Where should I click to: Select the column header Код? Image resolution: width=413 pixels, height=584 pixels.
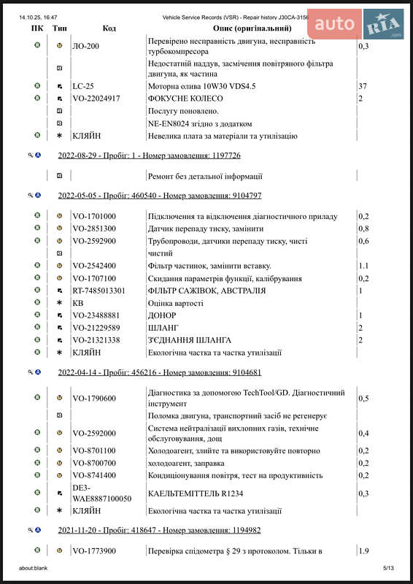pos(109,28)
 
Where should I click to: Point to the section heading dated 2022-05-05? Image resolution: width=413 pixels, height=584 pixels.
pos(159,196)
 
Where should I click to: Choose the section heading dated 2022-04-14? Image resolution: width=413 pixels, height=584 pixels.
pos(159,372)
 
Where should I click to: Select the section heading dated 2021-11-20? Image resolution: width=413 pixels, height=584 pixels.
pos(159,531)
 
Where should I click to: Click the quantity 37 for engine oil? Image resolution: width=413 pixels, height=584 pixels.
pos(363,85)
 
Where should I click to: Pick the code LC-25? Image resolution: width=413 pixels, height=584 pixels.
pos(83,85)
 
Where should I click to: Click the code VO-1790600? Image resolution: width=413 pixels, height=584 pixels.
pos(93,399)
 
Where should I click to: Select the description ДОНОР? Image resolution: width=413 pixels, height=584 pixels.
pos(162,315)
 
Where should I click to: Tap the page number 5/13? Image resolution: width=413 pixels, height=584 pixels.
pos(388,567)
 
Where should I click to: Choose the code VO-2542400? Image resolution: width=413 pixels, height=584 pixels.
pos(93,266)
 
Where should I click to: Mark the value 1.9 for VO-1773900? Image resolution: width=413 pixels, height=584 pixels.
pos(363,550)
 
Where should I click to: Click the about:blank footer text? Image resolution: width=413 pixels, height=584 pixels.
pos(33,567)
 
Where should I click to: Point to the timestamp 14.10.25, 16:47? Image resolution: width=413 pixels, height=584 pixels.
pos(39,16)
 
